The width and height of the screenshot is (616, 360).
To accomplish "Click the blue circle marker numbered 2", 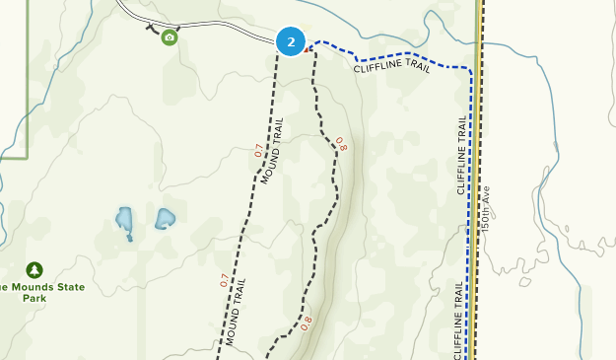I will click(x=290, y=42).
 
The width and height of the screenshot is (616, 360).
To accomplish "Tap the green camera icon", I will click(x=170, y=37).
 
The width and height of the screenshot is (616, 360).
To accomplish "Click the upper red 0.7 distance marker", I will click(x=259, y=151).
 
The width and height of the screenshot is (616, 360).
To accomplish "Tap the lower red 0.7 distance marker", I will click(x=224, y=280).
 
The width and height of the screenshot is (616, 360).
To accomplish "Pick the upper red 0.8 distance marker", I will click(x=341, y=143).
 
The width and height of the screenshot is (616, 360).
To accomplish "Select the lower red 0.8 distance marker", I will click(x=307, y=322).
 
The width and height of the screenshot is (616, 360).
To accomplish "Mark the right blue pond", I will click(x=165, y=218).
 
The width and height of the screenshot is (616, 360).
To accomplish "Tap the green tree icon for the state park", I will click(x=35, y=269).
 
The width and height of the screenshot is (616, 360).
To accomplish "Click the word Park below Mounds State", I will click(x=35, y=298).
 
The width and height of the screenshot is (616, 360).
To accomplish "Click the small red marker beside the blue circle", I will click(x=308, y=46).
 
